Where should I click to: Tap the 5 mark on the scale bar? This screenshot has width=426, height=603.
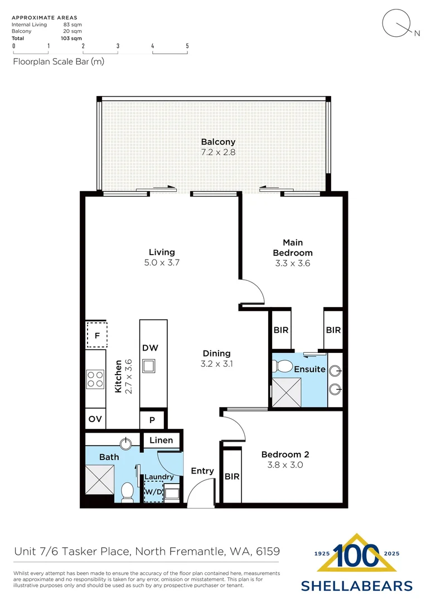point(187,46)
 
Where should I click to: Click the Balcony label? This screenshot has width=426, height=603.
point(218,142)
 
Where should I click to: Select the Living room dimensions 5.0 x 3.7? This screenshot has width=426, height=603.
point(162,262)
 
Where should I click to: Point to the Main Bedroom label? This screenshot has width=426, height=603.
point(292,247)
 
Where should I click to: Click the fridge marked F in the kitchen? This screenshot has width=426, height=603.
point(97,336)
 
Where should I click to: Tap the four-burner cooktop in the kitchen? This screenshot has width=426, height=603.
point(95,379)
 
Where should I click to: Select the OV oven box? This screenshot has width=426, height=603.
point(95,419)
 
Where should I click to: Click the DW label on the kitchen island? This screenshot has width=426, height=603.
point(150,348)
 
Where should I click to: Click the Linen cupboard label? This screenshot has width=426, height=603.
point(161,440)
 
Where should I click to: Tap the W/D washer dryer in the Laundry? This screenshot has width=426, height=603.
point(153,492)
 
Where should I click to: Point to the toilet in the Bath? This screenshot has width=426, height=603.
point(127,492)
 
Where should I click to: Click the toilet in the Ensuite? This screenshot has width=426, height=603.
point(284,367)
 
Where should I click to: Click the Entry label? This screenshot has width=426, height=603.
point(202,471)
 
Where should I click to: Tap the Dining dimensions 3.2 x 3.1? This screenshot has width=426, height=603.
point(217,363)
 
